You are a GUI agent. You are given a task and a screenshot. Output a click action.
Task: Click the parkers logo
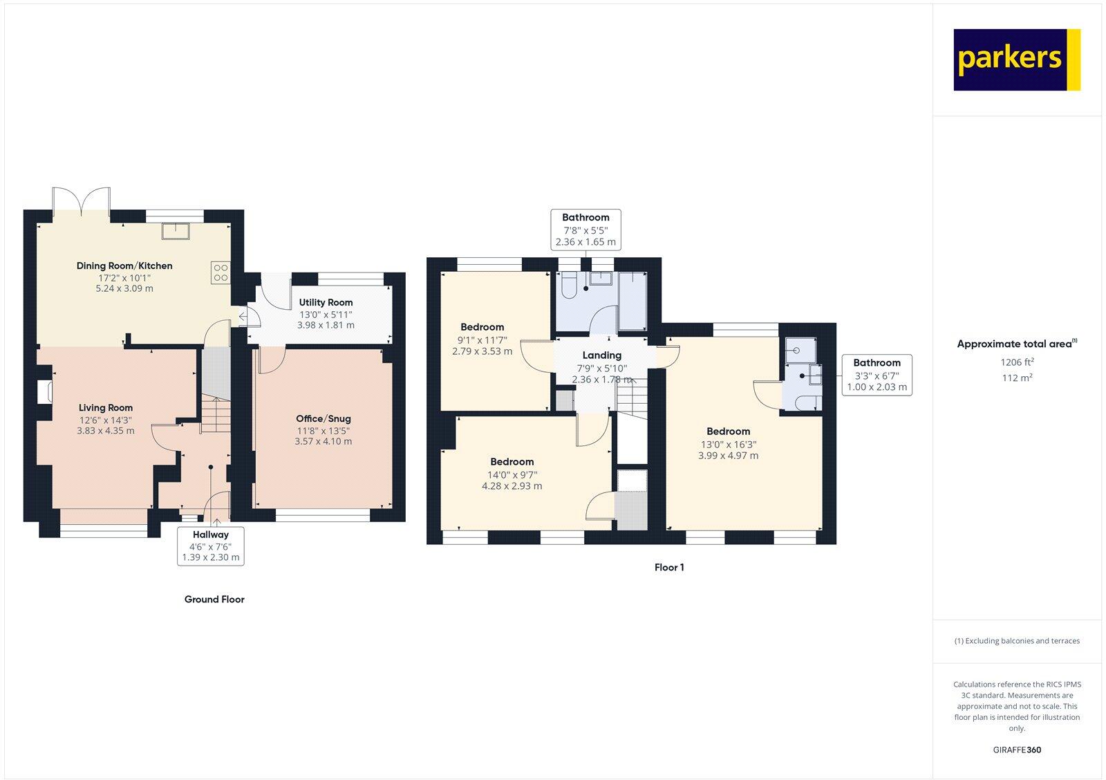click(x=1017, y=59)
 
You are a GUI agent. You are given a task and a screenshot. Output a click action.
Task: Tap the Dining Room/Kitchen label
click(x=124, y=266)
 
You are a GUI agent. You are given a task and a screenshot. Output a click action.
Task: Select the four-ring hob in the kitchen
click(x=221, y=272)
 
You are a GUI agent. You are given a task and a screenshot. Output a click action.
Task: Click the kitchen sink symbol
click(x=176, y=230)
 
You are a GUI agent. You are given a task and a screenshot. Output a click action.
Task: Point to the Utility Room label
click(x=326, y=302)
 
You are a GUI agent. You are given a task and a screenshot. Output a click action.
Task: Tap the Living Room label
click(x=105, y=408)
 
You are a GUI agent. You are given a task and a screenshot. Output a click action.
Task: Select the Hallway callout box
click(x=211, y=546)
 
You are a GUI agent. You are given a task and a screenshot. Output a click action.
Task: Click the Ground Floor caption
click(x=214, y=600)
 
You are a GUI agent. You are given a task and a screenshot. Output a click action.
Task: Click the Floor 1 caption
click(x=669, y=568)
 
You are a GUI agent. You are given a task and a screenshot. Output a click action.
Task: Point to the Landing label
click(x=601, y=355)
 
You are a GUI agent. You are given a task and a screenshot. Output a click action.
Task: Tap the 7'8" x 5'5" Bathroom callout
click(x=585, y=230)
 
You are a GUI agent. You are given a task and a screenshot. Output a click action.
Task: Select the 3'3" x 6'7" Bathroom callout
click(x=877, y=375)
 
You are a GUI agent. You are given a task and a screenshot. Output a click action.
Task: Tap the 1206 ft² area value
click(x=1017, y=362)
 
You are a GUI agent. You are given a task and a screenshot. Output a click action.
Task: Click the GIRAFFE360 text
click(x=1017, y=750)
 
